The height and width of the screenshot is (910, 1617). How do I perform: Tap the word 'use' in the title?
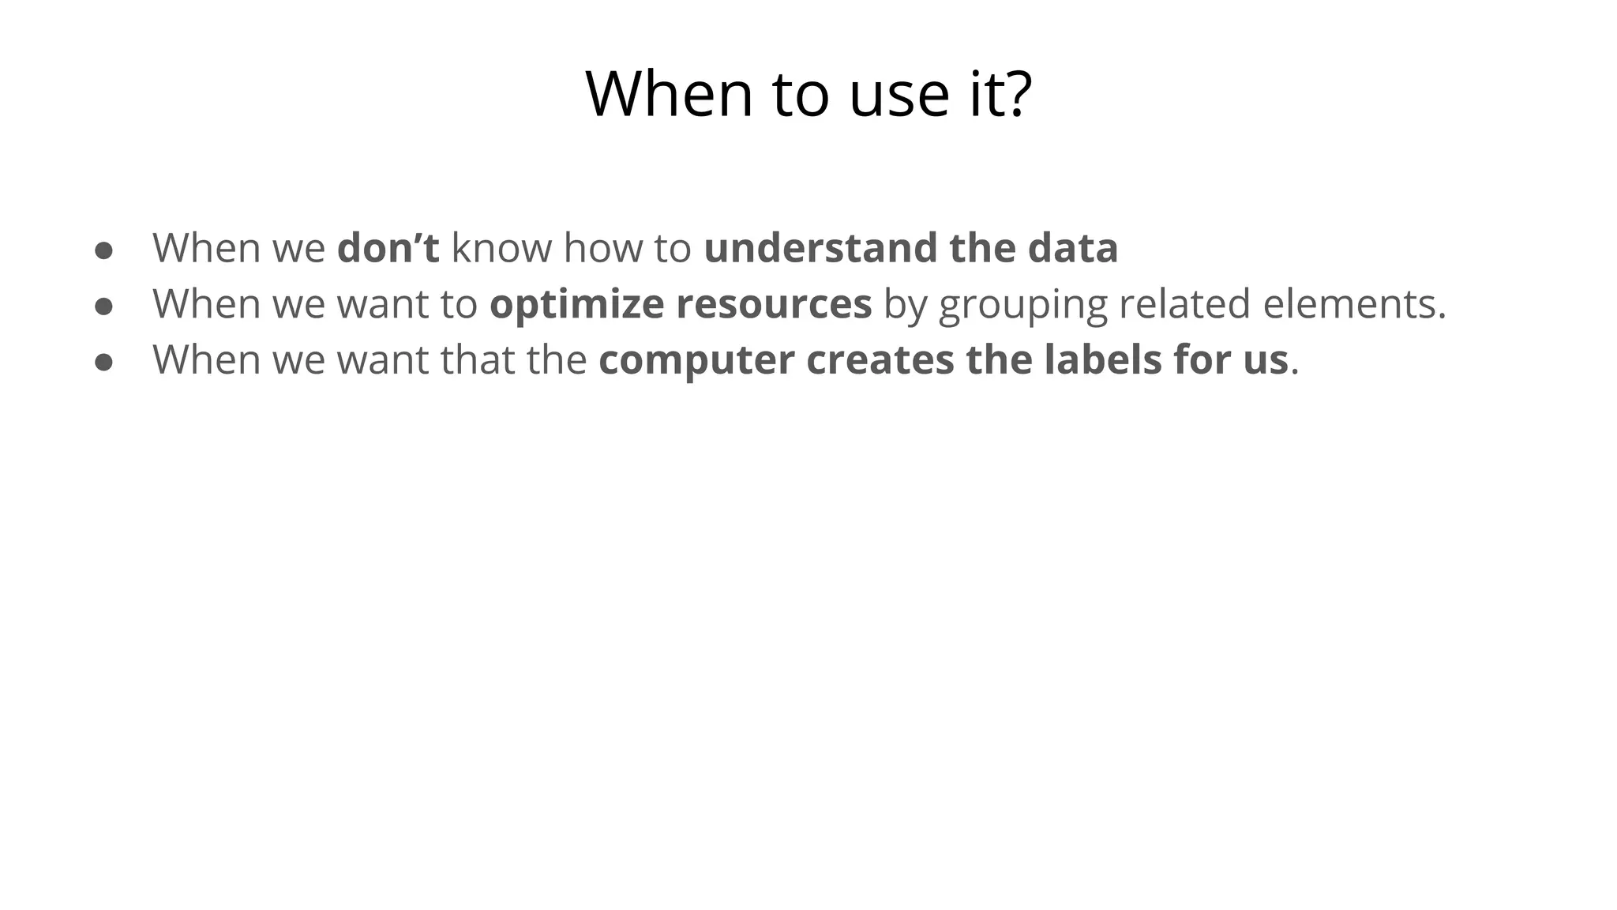point(899,95)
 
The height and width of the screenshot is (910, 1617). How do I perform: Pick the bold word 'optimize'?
point(576,304)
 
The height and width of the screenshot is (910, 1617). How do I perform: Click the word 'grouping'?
point(1023,306)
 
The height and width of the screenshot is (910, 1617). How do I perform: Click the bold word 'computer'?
point(696,360)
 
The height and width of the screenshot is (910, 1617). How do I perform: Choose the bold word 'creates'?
point(880,359)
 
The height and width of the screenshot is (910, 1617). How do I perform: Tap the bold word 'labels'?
point(1102,359)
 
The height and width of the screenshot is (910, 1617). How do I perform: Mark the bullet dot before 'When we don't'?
point(104,250)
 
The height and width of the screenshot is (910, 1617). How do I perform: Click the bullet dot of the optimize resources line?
point(104,306)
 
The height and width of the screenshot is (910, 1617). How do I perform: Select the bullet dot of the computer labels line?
point(104,363)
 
